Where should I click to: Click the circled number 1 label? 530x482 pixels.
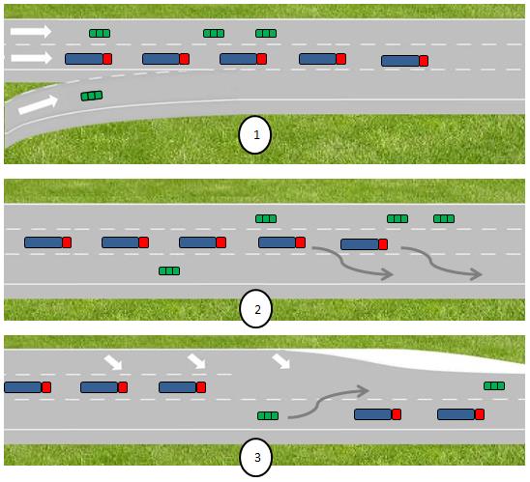point(255,136)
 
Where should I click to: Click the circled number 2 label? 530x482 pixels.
point(256,310)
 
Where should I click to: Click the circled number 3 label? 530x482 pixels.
point(256,458)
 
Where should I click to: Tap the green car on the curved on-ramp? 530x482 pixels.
point(92,96)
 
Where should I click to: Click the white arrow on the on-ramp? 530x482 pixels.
point(37,103)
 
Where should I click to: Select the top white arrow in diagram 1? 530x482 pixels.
point(30,32)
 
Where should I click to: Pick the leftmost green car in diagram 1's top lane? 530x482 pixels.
point(100,33)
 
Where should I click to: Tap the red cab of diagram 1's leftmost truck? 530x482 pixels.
point(107,59)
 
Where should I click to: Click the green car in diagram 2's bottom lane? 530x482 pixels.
point(169,270)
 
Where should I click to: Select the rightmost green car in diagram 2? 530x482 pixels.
point(444,218)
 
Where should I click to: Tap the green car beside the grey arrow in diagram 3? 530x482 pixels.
point(268,415)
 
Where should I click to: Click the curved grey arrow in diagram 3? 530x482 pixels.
point(328,401)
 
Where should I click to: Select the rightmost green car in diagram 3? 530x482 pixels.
point(494,385)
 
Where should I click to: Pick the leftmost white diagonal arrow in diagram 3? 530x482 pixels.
point(114,361)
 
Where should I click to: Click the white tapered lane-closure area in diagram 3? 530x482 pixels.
point(406,361)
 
